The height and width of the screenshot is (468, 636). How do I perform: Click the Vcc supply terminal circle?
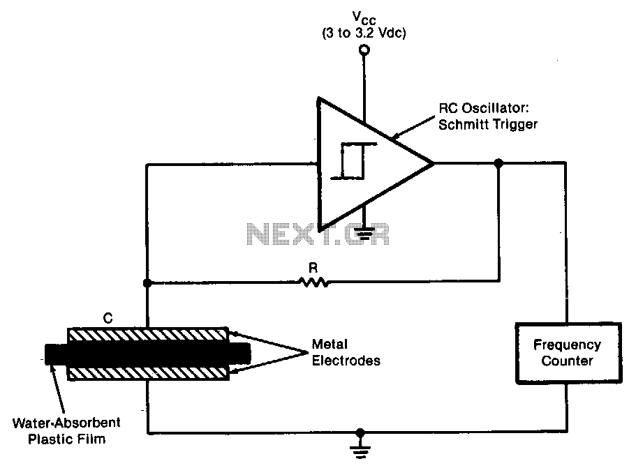pyautogui.click(x=364, y=50)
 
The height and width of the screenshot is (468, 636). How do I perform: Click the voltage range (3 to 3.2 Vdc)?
pyautogui.click(x=364, y=33)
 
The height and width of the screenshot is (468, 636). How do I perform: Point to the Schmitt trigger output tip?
pyautogui.click(x=434, y=163)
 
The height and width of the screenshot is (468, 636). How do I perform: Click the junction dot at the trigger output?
pyautogui.click(x=498, y=163)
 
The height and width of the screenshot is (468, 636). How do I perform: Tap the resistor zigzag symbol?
pyautogui.click(x=314, y=282)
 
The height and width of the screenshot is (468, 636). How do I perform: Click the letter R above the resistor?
pyautogui.click(x=313, y=268)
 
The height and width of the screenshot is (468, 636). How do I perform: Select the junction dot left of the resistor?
pyautogui.click(x=147, y=283)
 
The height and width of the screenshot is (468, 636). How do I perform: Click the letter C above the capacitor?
pyautogui.click(x=108, y=319)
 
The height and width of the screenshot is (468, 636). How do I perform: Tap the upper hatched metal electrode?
pyautogui.click(x=147, y=335)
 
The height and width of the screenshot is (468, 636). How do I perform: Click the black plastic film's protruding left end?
pyautogui.click(x=56, y=354)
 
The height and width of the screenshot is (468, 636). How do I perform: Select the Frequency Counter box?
pyautogui.click(x=568, y=353)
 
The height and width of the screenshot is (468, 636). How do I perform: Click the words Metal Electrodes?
pyautogui.click(x=346, y=352)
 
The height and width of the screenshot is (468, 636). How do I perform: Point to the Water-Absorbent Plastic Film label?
pyautogui.click(x=66, y=431)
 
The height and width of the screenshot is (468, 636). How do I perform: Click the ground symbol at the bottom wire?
pyautogui.click(x=360, y=450)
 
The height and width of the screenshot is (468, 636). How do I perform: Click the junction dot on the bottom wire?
pyautogui.click(x=360, y=432)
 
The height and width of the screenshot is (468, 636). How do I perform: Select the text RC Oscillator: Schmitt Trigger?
pyautogui.click(x=488, y=116)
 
